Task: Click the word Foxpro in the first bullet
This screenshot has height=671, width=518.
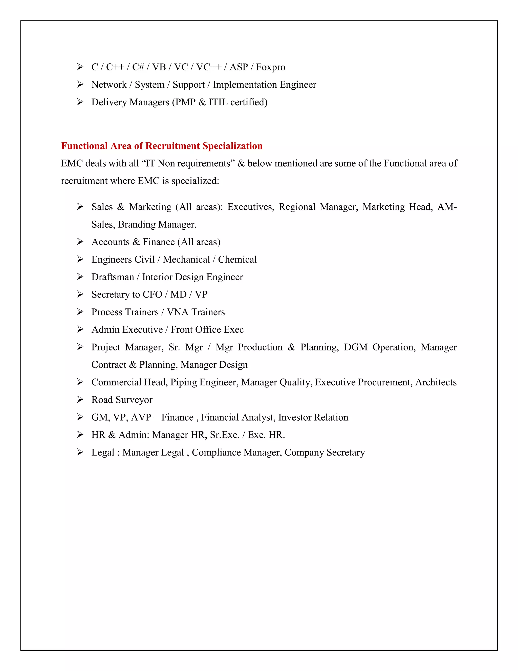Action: tap(270, 67)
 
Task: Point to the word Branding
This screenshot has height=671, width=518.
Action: tap(136, 225)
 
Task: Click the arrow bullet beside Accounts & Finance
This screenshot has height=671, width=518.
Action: tap(80, 242)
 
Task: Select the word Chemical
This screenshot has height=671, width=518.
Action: tap(237, 260)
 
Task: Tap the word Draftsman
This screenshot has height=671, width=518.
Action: tap(113, 277)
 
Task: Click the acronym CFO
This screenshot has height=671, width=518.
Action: tap(152, 295)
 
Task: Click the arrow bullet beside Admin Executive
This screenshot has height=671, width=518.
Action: tap(80, 330)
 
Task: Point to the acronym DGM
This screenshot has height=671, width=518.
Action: tap(355, 347)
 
